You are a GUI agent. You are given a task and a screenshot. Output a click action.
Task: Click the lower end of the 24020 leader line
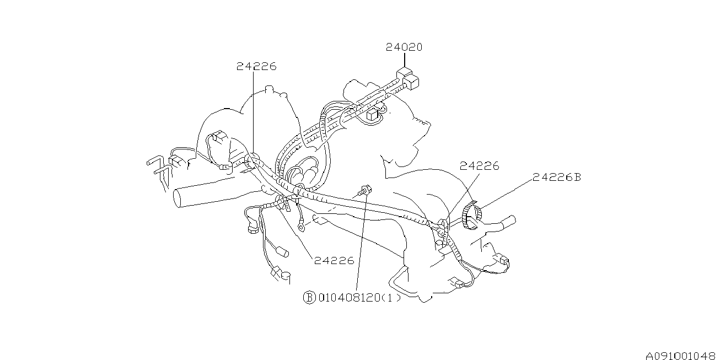tap(404, 68)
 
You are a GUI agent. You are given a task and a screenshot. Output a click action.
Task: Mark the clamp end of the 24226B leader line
tap(479, 209)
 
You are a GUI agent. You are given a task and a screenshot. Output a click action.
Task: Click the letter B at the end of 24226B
tap(577, 177)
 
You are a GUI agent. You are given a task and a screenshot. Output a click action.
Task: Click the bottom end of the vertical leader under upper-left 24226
tap(253, 158)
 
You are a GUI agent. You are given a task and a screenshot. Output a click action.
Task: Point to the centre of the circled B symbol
tap(309, 297)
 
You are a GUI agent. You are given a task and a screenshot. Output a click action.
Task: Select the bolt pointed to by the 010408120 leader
tap(364, 190)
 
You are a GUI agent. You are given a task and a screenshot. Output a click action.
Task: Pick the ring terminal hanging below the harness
tap(302, 228)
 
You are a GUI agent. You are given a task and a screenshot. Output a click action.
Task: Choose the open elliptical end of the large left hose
tap(178, 199)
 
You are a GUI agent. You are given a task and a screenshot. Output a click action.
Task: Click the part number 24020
tap(404, 47)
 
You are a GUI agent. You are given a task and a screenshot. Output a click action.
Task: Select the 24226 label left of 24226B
tap(479, 166)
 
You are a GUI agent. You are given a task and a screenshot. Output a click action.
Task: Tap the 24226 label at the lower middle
tap(334, 260)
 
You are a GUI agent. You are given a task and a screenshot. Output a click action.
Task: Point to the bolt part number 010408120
tap(350, 298)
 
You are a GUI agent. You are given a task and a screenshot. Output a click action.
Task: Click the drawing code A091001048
tap(680, 356)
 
